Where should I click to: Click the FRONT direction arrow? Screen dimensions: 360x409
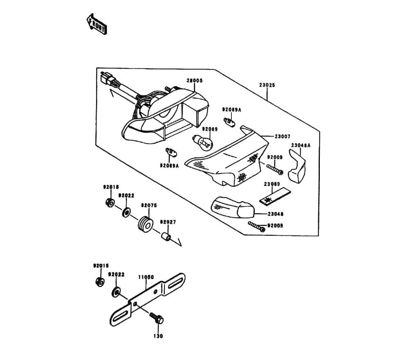pos(97,24)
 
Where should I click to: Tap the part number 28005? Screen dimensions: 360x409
pos(194,81)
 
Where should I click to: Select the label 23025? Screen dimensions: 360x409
pos(267,85)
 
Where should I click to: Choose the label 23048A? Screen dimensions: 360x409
pos(301,145)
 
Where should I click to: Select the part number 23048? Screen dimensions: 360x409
pos(276,214)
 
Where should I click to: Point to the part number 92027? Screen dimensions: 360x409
pos(168,222)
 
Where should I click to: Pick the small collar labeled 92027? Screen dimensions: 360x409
pos(166,237)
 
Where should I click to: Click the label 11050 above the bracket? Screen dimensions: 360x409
pos(146,277)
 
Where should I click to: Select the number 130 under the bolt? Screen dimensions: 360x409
pos(158,336)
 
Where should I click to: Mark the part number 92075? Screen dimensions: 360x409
pos(149,205)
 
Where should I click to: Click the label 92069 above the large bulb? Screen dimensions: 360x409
pos(209,129)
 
